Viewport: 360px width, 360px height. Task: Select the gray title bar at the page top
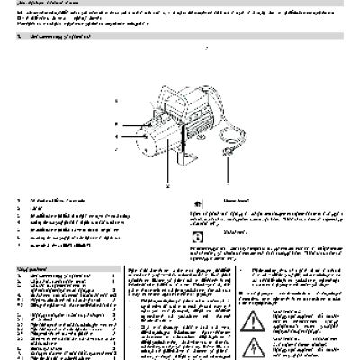point(180,4)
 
